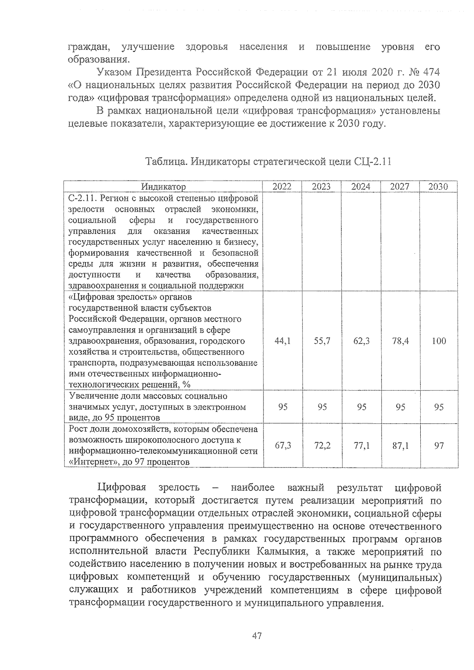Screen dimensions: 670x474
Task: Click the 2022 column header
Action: pyautogui.click(x=282, y=187)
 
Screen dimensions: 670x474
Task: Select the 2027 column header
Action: pyautogui.click(x=400, y=187)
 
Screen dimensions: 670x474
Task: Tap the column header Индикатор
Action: pyautogui.click(x=164, y=187)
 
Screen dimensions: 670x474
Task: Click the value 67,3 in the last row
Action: pyautogui.click(x=283, y=446)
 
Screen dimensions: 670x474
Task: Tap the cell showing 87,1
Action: pyautogui.click(x=400, y=446)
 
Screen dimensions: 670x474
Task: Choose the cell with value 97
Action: pyautogui.click(x=439, y=446)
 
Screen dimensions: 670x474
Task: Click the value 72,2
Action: pyautogui.click(x=322, y=446)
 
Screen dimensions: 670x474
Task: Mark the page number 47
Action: pyautogui.click(x=257, y=636)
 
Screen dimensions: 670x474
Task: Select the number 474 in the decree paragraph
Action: pyautogui.click(x=431, y=73)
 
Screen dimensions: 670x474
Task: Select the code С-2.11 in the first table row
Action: pyautogui.click(x=81, y=198)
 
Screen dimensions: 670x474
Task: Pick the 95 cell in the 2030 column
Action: pyautogui.click(x=439, y=407)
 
